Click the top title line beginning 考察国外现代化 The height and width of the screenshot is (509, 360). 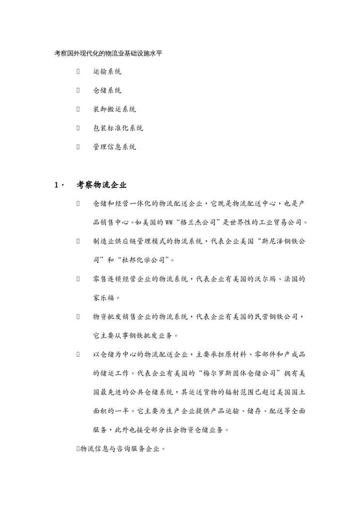pyautogui.click(x=108, y=53)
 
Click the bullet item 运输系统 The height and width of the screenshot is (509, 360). pyautogui.click(x=107, y=72)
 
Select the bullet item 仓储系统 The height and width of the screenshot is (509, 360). pyautogui.click(x=107, y=91)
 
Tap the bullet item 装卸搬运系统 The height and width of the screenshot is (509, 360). pyautogui.click(x=114, y=109)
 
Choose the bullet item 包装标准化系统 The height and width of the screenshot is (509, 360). pyautogui.click(x=118, y=128)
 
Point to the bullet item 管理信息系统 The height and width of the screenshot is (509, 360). pyautogui.click(x=114, y=147)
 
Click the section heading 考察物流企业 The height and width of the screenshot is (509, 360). pyautogui.click(x=102, y=185)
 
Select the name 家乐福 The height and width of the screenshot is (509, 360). pyautogui.click(x=104, y=297)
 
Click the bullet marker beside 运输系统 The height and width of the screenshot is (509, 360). pyautogui.click(x=78, y=72)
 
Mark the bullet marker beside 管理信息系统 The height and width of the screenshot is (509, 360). pyautogui.click(x=78, y=147)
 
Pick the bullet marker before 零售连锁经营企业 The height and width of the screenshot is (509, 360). pyautogui.click(x=78, y=279)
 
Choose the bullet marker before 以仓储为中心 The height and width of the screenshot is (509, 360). pyautogui.click(x=78, y=354)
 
